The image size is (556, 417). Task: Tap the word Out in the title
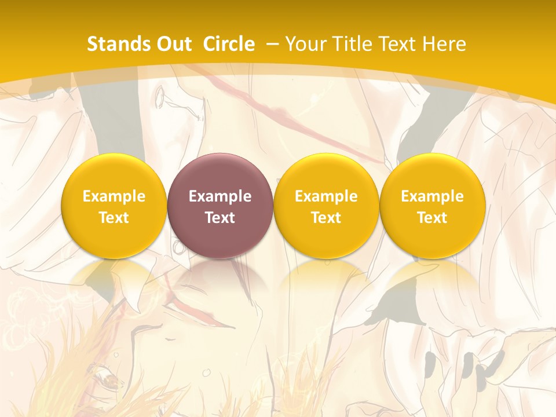coord(172,44)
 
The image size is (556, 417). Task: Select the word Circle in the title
coord(229,44)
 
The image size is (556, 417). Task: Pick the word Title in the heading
coord(350,44)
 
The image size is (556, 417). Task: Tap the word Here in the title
coord(443,44)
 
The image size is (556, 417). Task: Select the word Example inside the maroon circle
coord(220,196)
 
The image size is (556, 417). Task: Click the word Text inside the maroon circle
coord(220,218)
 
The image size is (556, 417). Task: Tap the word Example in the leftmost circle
coord(114,196)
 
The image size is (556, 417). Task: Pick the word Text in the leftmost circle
coord(114,218)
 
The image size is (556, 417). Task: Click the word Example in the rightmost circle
coord(432,196)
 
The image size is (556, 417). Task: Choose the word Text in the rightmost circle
coord(432,218)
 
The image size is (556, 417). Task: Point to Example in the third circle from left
coord(326,196)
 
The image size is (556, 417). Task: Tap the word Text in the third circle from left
coord(326,218)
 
